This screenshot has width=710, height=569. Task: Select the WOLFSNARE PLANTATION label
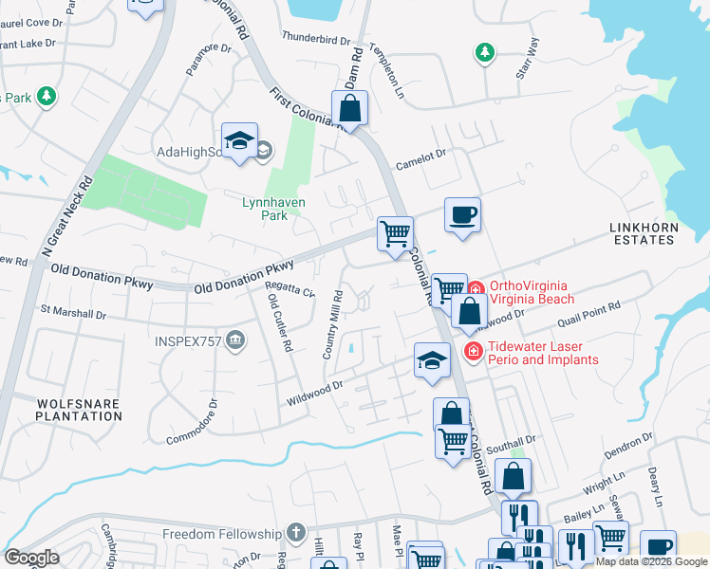79,410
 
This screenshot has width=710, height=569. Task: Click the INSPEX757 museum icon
236,340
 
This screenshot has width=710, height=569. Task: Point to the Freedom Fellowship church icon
296,534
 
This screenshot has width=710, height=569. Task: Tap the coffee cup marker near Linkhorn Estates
462,214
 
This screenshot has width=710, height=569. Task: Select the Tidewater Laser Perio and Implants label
543,353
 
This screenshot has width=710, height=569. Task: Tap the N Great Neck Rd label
65,217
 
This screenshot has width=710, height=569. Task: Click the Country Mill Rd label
331,325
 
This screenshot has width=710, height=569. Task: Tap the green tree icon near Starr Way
485,51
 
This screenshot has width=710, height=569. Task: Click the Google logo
31,558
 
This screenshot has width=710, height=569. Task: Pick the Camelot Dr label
421,157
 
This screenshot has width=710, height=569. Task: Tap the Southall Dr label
518,440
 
